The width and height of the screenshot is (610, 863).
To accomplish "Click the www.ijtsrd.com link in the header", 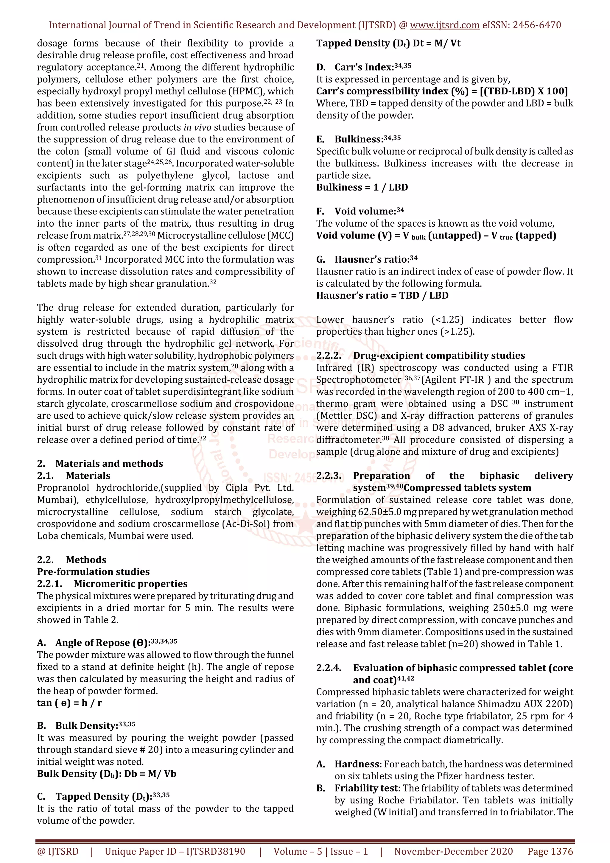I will pyautogui.click(x=444, y=25).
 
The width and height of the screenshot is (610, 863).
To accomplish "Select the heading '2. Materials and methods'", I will pyautogui.click(x=100, y=463).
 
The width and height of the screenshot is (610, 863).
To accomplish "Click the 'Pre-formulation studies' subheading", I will pyautogui.click(x=93, y=572).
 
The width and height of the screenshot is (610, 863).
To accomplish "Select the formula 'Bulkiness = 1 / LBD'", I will pyautogui.click(x=362, y=188).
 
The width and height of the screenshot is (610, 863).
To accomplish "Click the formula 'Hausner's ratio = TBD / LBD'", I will pyautogui.click(x=382, y=295).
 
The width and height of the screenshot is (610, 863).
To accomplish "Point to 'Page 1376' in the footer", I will pyautogui.click(x=550, y=851).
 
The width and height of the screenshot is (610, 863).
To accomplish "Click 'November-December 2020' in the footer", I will pyautogui.click(x=453, y=851).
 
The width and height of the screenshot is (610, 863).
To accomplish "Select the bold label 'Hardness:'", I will pyautogui.click(x=358, y=764).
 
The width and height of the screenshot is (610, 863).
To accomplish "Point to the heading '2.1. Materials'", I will pyautogui.click(x=74, y=476).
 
